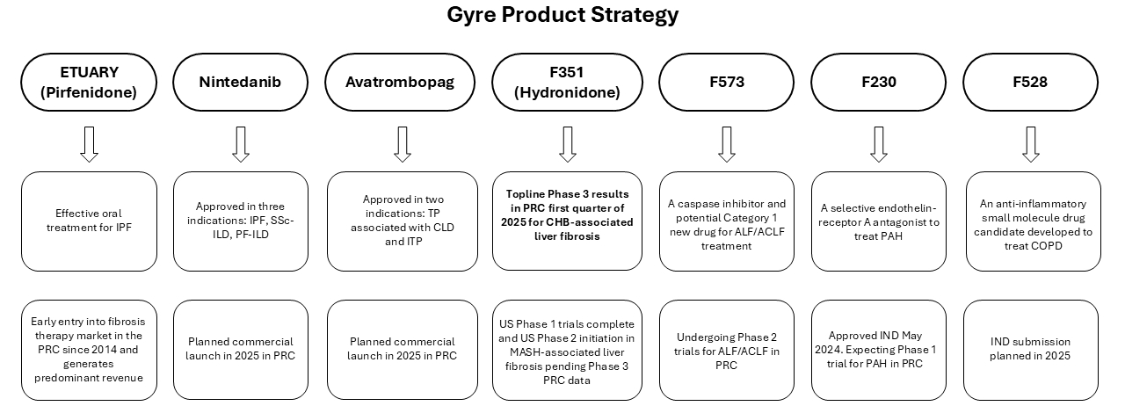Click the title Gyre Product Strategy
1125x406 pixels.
coord(562,15)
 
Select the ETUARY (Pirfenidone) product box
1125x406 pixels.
coord(89,83)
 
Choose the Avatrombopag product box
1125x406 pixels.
coord(402,83)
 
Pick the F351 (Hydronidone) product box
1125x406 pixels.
coord(567,83)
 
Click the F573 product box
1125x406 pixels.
coord(726,83)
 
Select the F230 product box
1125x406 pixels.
coord(878,83)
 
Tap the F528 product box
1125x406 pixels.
coord(1031,83)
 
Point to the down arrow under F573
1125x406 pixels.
coord(727,144)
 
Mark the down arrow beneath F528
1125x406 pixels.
coord(1032,144)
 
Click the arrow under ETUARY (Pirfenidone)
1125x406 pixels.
coord(89,144)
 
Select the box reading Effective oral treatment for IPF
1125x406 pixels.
coord(89,221)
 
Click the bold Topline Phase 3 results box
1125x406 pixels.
coord(568,221)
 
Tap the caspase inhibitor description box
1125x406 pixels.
coord(727,221)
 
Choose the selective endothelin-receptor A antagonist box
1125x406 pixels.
coord(879,221)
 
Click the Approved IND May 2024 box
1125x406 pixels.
coord(879,350)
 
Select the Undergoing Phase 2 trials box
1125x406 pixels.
coord(727,350)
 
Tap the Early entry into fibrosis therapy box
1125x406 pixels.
coord(89,350)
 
